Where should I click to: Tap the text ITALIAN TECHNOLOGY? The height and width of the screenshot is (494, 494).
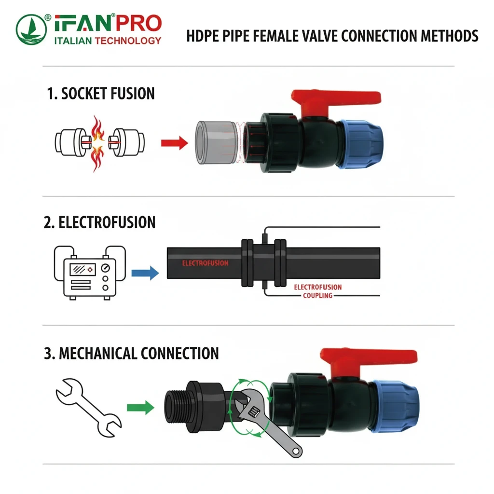(108, 41)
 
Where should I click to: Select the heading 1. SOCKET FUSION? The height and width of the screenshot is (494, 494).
(101, 94)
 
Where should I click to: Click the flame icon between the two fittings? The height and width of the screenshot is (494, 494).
(97, 142)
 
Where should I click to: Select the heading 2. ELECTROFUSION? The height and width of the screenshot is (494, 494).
(100, 222)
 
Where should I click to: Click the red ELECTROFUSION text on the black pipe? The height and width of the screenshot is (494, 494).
(205, 263)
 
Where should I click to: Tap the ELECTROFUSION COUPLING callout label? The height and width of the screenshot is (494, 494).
(317, 291)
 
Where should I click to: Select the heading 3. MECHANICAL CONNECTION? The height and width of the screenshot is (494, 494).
(131, 353)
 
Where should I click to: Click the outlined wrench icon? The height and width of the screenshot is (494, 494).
(89, 405)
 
